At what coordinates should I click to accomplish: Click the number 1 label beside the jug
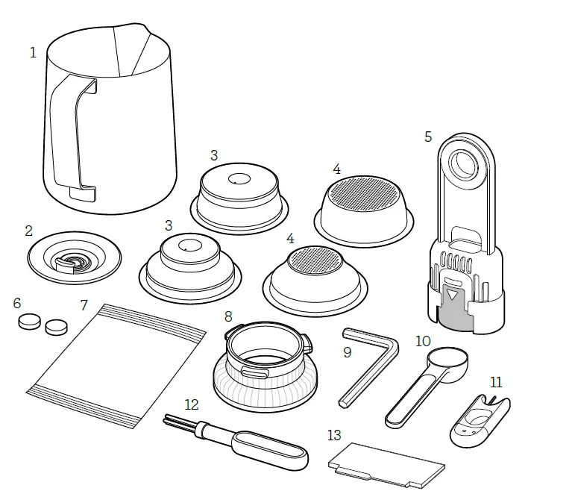33,53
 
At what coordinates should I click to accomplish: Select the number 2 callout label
28,231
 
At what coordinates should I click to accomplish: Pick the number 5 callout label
428,137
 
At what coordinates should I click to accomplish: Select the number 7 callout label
84,305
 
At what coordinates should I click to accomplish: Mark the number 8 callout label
228,316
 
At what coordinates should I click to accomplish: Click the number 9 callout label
348,352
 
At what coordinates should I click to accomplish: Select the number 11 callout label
497,382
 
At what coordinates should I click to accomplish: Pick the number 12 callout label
192,404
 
